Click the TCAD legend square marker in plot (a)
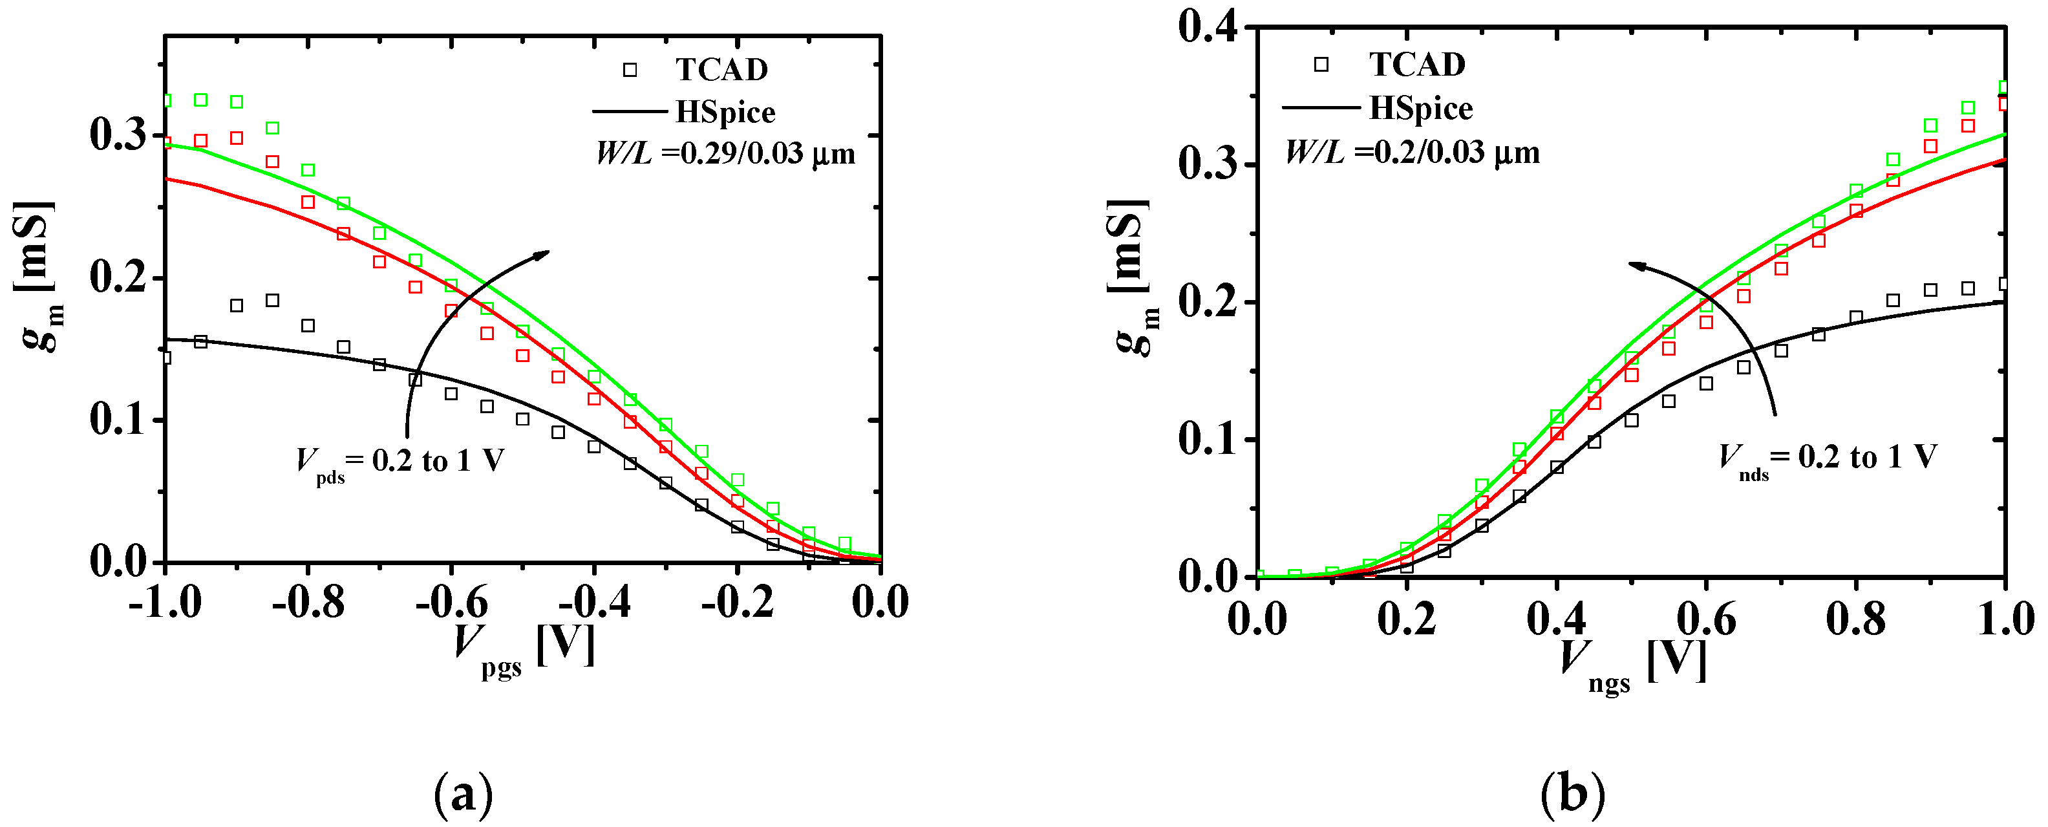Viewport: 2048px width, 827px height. pos(630,70)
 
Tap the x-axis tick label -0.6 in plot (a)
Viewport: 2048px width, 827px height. pos(452,602)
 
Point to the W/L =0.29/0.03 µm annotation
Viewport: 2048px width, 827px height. pos(725,153)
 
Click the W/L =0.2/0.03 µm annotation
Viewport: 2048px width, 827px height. pos(1412,151)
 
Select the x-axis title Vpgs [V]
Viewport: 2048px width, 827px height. pos(525,648)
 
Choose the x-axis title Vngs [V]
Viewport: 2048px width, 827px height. pos(1632,664)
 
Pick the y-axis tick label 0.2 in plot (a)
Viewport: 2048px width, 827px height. pos(118,278)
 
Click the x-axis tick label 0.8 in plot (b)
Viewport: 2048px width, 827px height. pos(1855,619)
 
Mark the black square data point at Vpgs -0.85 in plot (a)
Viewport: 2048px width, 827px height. pos(272,301)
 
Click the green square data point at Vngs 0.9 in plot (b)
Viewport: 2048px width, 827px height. pos(1930,125)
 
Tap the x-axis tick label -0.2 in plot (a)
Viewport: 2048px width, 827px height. pos(737,602)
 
